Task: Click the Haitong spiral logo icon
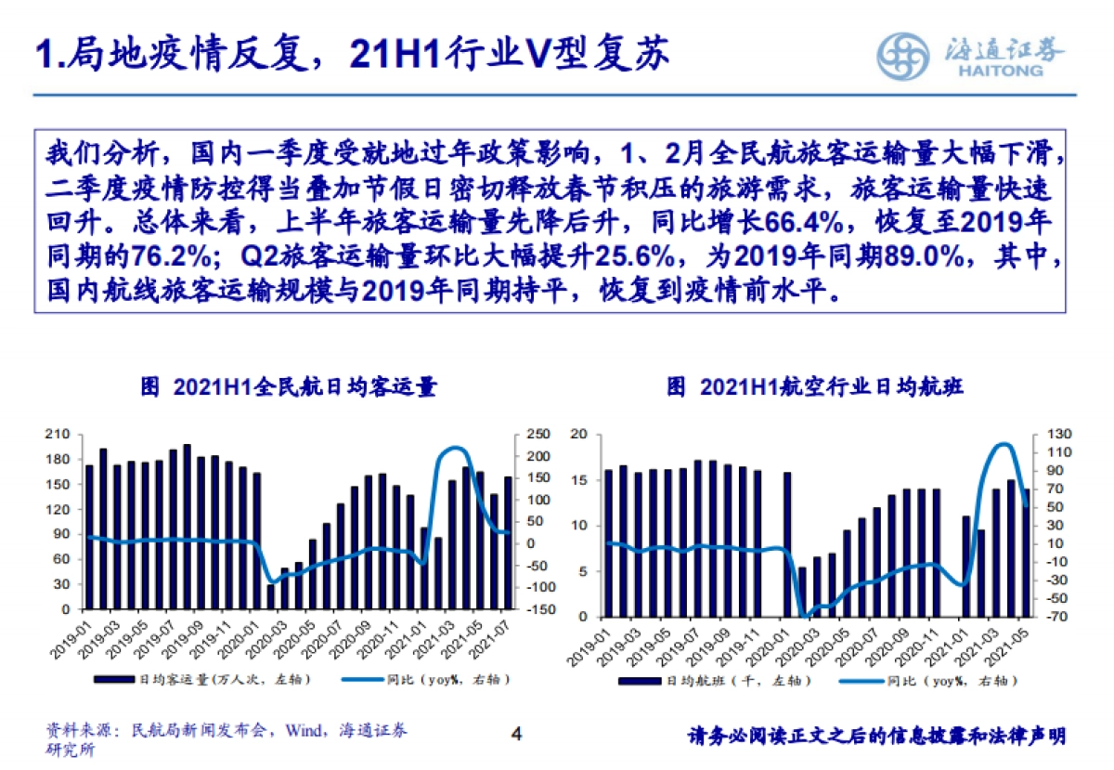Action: pyautogui.click(x=904, y=57)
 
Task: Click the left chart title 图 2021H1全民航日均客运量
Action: pyautogui.click(x=288, y=387)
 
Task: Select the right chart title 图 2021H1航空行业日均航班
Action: pyautogui.click(x=815, y=387)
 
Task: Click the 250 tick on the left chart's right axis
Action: pyautogui.click(x=539, y=435)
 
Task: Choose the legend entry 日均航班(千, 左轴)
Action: pyautogui.click(x=715, y=681)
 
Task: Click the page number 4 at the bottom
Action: pyautogui.click(x=517, y=734)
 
